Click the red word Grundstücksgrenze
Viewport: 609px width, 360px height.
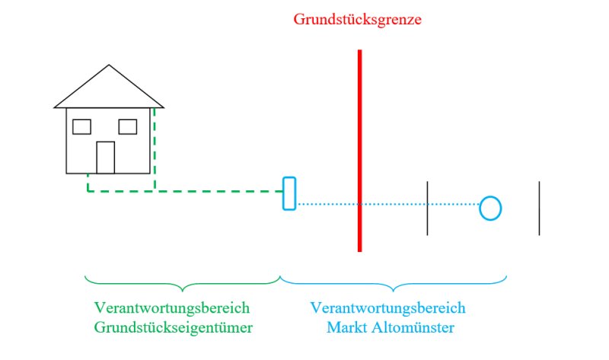357,20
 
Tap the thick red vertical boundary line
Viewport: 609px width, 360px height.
359,151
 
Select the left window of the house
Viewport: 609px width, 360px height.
81,127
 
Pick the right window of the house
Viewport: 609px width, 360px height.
128,127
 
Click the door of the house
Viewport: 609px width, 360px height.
106,158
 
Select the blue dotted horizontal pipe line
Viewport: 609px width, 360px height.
388,204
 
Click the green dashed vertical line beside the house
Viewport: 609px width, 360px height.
155,149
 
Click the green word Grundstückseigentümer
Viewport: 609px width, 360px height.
174,327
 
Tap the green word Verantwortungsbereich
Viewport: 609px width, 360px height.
172,308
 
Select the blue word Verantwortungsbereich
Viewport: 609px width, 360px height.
387,308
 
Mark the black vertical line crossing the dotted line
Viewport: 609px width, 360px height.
427,208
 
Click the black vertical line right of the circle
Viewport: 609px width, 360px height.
539,208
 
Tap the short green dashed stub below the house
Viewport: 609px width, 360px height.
88,183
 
